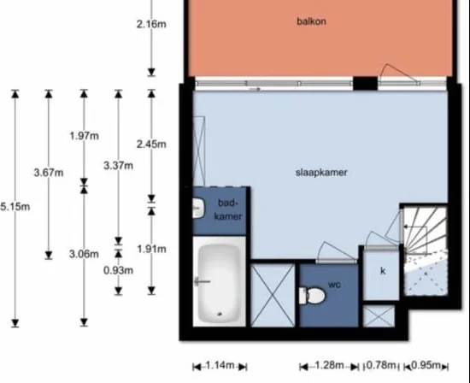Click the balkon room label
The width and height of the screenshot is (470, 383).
(x=311, y=21)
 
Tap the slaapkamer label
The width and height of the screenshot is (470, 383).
(x=321, y=173)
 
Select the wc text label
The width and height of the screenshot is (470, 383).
(x=334, y=285)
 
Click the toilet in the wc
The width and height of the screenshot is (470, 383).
(x=312, y=296)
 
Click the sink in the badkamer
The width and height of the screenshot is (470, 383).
(x=198, y=208)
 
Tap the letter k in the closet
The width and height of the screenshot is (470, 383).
(x=383, y=271)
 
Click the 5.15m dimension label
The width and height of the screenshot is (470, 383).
(x=15, y=207)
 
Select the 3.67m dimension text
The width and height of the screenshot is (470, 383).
(x=49, y=173)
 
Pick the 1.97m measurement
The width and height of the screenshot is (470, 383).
(x=85, y=136)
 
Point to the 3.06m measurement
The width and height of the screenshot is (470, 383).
(x=84, y=254)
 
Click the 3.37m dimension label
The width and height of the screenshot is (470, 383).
(x=119, y=166)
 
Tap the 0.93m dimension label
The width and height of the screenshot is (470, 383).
(x=119, y=270)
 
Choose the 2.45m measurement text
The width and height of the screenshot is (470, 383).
(x=151, y=144)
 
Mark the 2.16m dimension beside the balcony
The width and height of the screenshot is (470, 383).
(x=151, y=24)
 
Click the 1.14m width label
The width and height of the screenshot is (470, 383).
(x=220, y=365)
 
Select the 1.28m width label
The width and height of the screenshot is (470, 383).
(x=329, y=365)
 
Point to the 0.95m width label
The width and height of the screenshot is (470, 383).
(x=426, y=365)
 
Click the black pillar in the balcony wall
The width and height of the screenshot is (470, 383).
(x=365, y=84)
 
